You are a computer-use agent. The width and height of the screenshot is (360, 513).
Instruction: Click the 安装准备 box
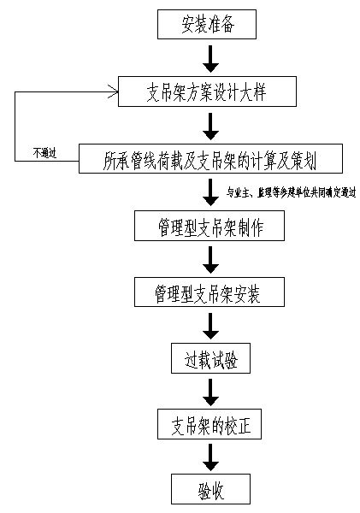click(207, 25)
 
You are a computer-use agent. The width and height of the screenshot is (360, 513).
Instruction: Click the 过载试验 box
click(210, 358)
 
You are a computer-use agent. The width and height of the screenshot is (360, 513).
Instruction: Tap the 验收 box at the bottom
click(210, 490)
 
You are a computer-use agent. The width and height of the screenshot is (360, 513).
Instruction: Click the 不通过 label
click(44, 153)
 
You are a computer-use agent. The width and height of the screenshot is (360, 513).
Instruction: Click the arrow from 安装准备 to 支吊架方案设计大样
click(210, 57)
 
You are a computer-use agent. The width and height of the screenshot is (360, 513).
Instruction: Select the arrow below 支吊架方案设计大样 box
click(210, 125)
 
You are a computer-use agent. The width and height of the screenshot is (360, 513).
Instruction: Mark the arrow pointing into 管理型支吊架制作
click(210, 192)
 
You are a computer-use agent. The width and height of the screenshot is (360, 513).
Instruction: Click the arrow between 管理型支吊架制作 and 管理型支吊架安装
click(210, 259)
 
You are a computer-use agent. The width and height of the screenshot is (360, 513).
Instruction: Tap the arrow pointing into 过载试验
click(210, 326)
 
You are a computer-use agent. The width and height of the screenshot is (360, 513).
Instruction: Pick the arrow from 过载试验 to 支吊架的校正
click(210, 392)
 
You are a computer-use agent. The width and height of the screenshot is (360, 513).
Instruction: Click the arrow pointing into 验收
click(210, 457)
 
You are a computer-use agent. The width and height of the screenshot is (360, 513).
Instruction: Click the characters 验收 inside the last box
click(210, 490)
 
